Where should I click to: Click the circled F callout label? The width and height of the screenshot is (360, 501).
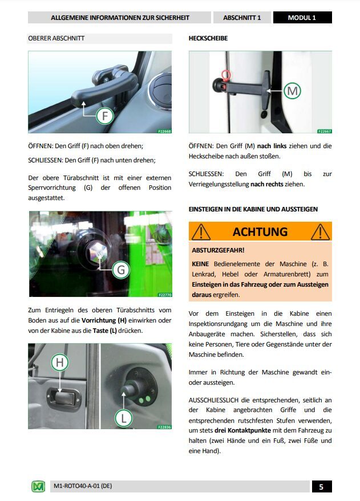[104, 116]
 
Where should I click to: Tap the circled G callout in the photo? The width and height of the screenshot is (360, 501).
[120, 270]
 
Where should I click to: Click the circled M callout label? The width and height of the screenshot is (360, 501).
[292, 91]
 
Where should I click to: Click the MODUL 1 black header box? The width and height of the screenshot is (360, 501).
[302, 18]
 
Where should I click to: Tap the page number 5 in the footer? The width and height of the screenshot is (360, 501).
[321, 487]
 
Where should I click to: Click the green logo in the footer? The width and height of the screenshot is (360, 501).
[38, 487]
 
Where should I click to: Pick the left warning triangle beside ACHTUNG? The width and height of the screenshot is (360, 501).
[201, 232]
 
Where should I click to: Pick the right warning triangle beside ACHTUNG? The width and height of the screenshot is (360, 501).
[319, 232]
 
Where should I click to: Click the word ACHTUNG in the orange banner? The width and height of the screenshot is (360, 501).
[260, 232]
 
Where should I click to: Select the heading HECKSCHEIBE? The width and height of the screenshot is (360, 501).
[208, 39]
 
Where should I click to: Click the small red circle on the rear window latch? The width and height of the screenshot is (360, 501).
[226, 75]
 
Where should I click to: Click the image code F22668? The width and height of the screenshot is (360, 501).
[163, 131]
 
